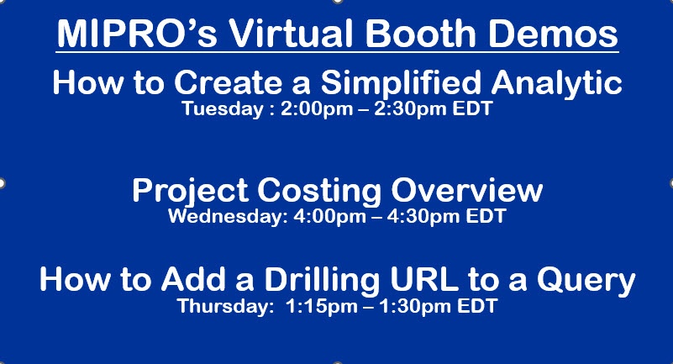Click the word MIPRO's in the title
[137, 34]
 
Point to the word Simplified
[401, 82]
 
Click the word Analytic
[557, 82]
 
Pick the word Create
[228, 82]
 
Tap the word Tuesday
[223, 109]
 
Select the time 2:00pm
[317, 109]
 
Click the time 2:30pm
[410, 109]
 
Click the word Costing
[319, 191]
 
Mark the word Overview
[467, 190]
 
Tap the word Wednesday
[228, 216]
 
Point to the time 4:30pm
[423, 216]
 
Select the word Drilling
[322, 279]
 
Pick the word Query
[586, 280]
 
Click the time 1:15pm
[321, 307]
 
